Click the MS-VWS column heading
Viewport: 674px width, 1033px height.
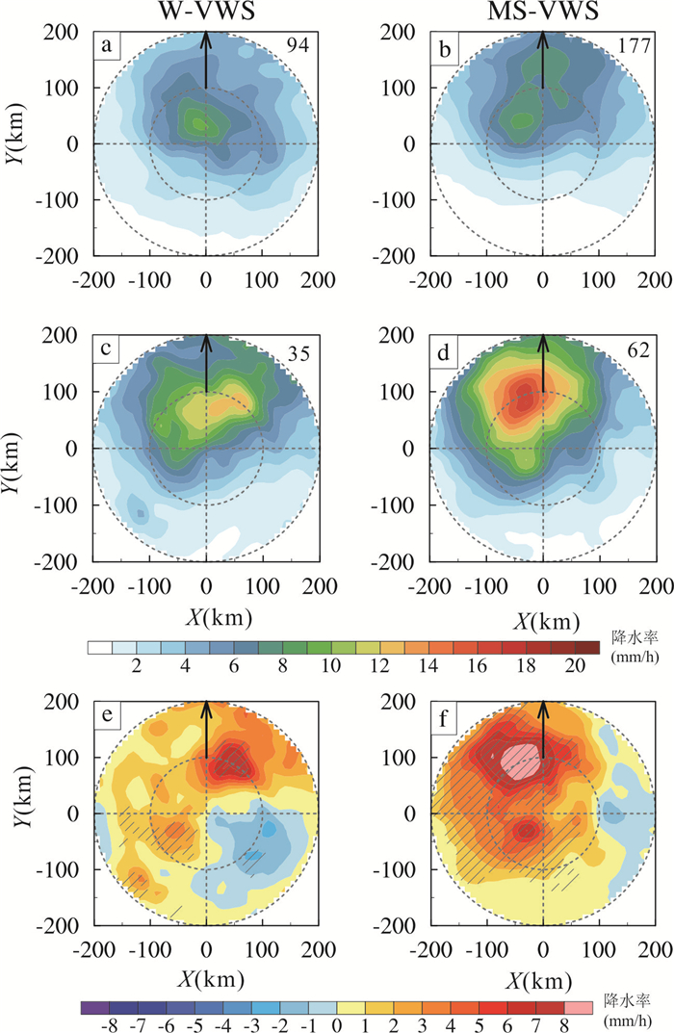[543, 13]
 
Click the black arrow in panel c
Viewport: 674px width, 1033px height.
[206, 361]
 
